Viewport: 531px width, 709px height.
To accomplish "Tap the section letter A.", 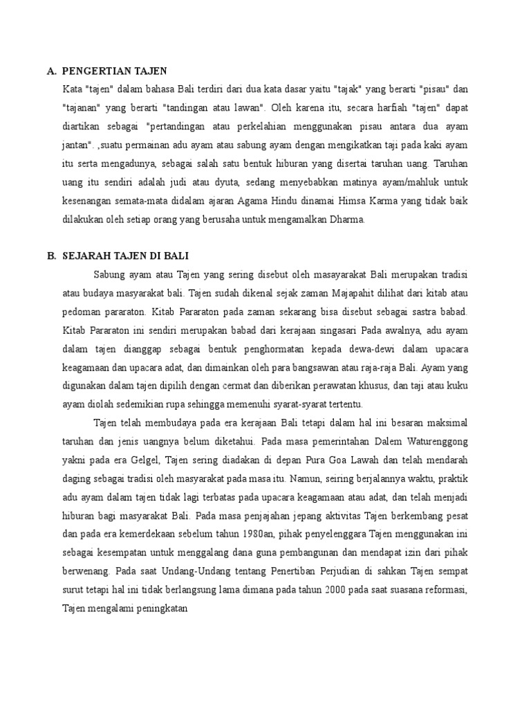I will tap(50, 71).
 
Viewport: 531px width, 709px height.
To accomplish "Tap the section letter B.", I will tap(50, 255).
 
